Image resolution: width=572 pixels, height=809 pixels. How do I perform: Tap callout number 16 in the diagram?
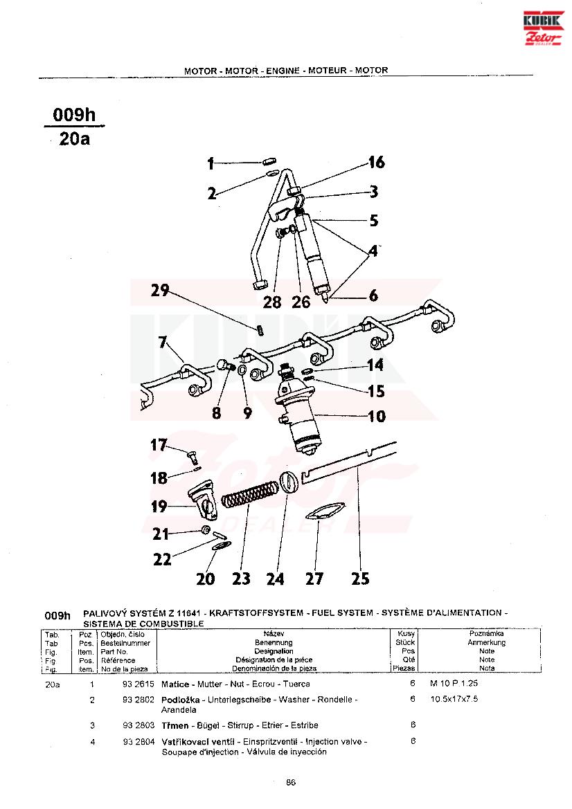[376, 162]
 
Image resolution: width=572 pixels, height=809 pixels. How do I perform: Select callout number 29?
[161, 291]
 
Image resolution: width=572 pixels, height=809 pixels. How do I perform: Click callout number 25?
[360, 579]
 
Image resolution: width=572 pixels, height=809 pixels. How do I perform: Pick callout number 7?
[163, 342]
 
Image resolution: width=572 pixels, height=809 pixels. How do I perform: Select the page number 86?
[291, 783]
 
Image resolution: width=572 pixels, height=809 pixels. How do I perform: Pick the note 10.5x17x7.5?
[454, 700]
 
